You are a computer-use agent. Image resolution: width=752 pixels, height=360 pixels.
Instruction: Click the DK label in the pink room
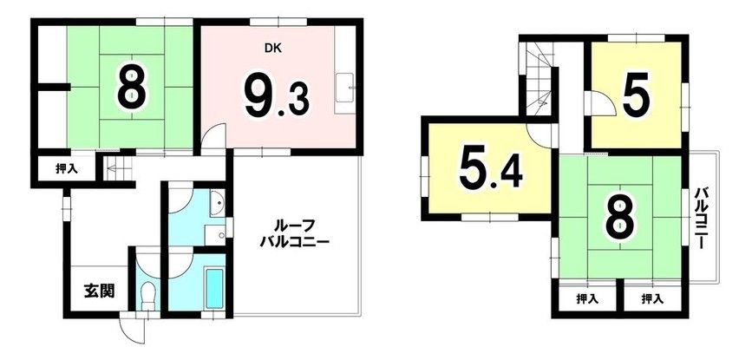point(274,49)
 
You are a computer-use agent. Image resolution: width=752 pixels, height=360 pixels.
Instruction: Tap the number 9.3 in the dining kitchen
point(275,96)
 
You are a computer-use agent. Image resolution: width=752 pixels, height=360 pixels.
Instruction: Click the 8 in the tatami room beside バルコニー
point(618,218)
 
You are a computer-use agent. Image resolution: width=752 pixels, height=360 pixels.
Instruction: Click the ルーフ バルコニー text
point(294,236)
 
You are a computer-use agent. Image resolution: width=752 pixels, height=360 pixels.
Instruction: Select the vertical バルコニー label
point(704,217)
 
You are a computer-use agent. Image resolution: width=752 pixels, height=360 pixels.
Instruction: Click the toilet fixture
point(147,295)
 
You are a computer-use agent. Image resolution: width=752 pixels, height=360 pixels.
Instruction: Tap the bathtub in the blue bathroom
point(213,285)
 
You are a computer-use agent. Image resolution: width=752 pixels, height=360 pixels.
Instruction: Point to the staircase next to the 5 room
point(539,79)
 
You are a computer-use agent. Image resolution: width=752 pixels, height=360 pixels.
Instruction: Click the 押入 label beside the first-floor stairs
point(66,168)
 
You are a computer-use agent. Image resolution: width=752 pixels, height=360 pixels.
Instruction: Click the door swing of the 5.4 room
point(543,132)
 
